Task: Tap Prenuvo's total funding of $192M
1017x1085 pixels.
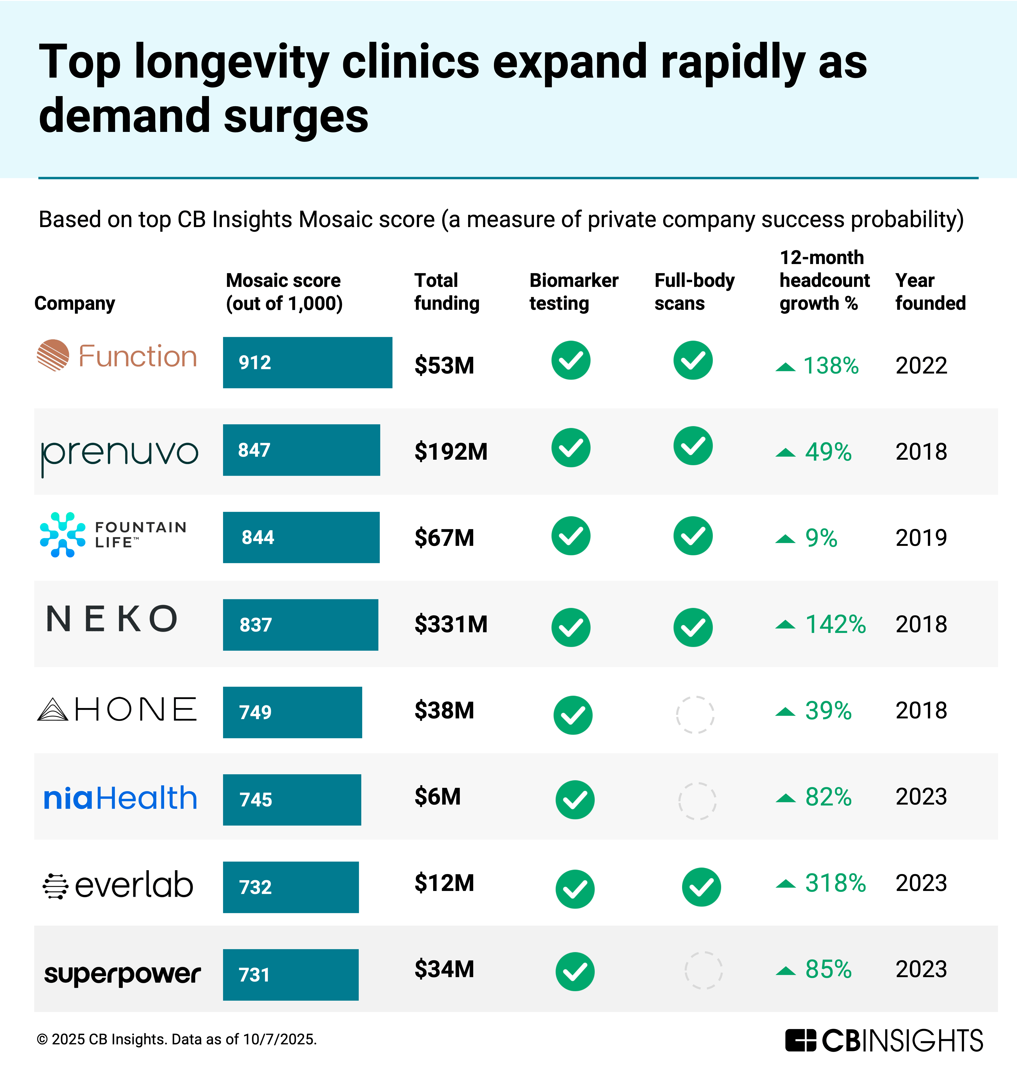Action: point(451,451)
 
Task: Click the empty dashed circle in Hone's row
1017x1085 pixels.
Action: point(695,714)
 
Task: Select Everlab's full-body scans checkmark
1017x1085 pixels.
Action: point(701,887)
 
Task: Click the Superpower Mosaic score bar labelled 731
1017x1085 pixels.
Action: point(291,975)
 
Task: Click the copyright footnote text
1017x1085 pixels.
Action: point(176,1039)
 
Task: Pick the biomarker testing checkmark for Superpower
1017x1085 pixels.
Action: point(575,972)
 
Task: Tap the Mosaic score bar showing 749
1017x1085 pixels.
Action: point(292,712)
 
